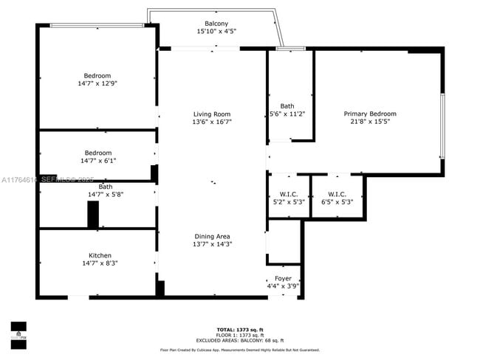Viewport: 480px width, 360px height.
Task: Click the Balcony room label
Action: [216, 24]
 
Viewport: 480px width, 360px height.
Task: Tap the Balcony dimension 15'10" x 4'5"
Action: [216, 32]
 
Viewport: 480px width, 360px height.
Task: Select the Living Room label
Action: [212, 114]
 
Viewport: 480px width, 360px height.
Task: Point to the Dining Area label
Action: [212, 236]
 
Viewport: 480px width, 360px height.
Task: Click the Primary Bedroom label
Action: [370, 114]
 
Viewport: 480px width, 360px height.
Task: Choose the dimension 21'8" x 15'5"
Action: [370, 122]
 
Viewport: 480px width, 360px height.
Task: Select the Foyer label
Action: [284, 278]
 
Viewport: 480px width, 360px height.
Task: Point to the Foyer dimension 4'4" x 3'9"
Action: [284, 286]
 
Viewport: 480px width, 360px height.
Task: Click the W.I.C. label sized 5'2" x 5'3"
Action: [287, 193]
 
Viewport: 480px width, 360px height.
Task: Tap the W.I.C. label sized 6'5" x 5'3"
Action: [337, 193]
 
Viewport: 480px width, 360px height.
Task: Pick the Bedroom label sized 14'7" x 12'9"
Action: [97, 75]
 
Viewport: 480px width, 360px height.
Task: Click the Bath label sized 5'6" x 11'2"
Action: [287, 106]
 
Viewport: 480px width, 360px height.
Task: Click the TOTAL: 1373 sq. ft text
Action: [240, 329]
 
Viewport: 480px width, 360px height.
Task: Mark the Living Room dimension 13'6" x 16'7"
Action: [212, 122]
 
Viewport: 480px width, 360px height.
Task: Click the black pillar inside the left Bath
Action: [93, 215]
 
